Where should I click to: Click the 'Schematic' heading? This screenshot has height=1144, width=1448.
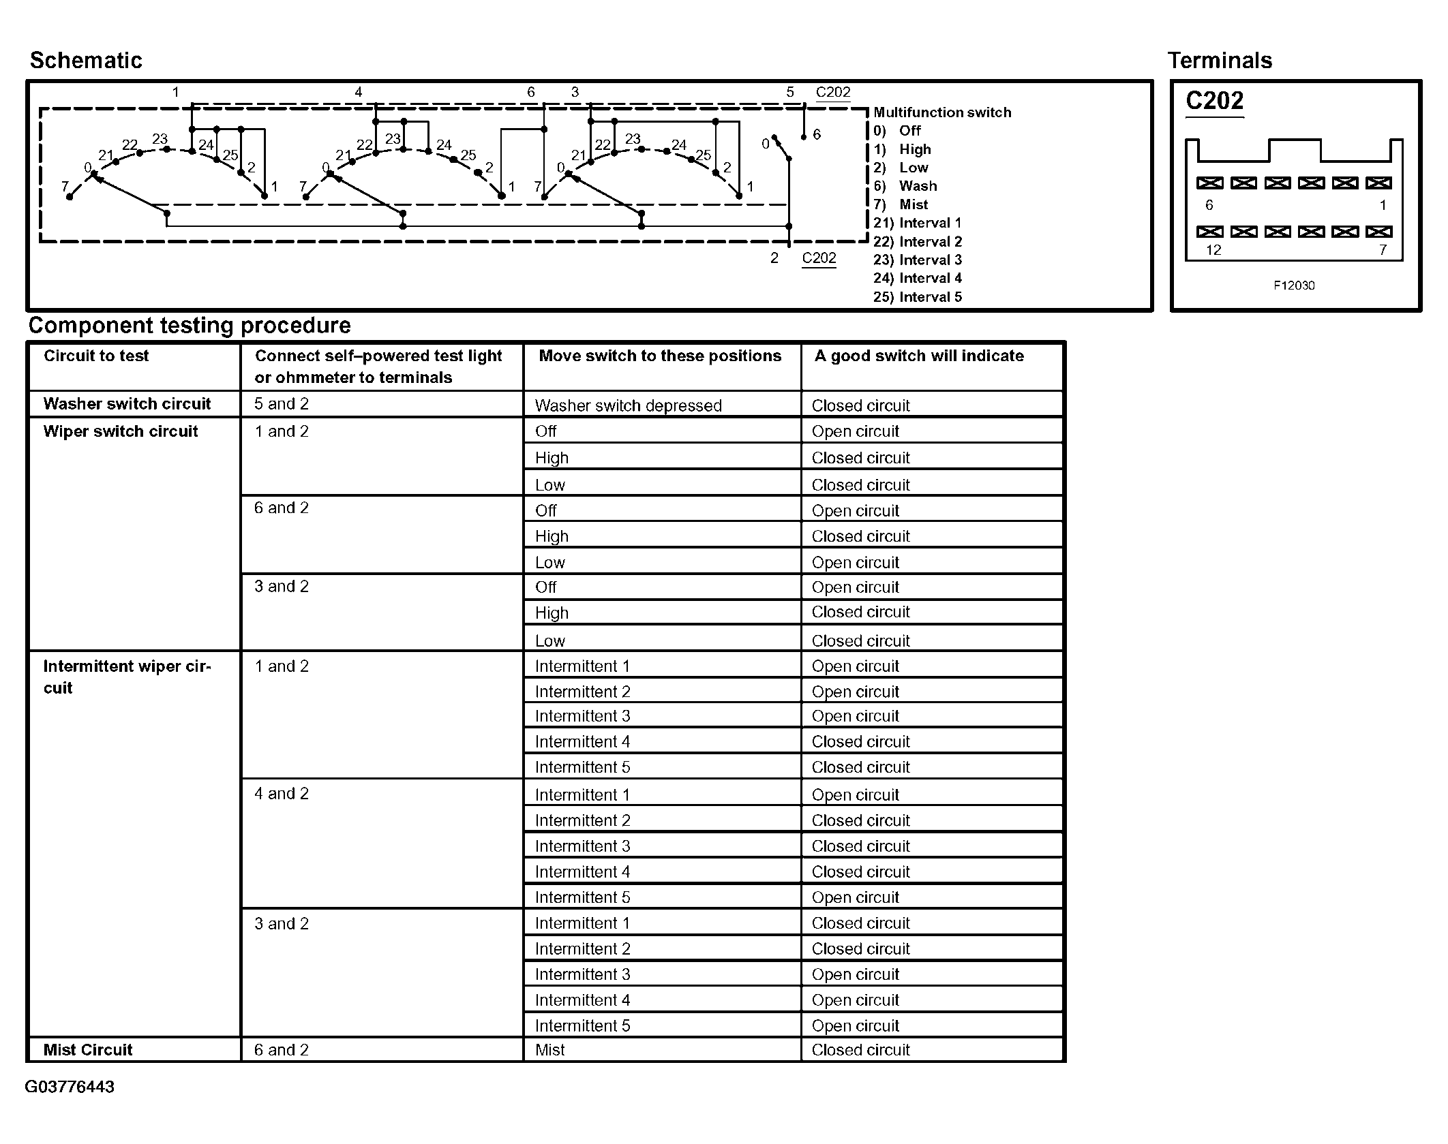(x=86, y=61)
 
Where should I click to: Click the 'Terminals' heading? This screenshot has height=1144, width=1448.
(x=1220, y=61)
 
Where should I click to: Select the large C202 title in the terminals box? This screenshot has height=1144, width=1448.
(x=1214, y=101)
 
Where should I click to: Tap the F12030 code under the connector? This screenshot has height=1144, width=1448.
(x=1293, y=285)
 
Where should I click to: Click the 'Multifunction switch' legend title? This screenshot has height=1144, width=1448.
(x=942, y=112)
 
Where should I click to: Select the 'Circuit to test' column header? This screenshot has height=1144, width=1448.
(x=96, y=356)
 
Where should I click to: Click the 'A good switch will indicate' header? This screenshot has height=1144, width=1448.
(x=919, y=356)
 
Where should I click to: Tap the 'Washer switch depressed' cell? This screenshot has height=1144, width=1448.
(x=628, y=405)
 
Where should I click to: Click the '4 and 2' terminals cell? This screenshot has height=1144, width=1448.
(x=282, y=794)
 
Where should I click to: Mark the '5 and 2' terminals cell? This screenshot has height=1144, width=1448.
(x=282, y=404)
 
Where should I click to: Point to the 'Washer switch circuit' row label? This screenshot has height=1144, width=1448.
(x=127, y=404)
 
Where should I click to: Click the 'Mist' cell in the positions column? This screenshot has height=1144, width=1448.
(x=550, y=1050)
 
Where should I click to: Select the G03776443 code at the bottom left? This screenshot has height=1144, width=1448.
(x=70, y=1087)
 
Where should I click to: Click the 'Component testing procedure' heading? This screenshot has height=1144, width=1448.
(x=190, y=326)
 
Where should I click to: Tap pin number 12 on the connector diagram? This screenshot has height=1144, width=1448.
(x=1213, y=250)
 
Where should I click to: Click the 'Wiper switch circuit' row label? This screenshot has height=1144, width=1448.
(x=121, y=431)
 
